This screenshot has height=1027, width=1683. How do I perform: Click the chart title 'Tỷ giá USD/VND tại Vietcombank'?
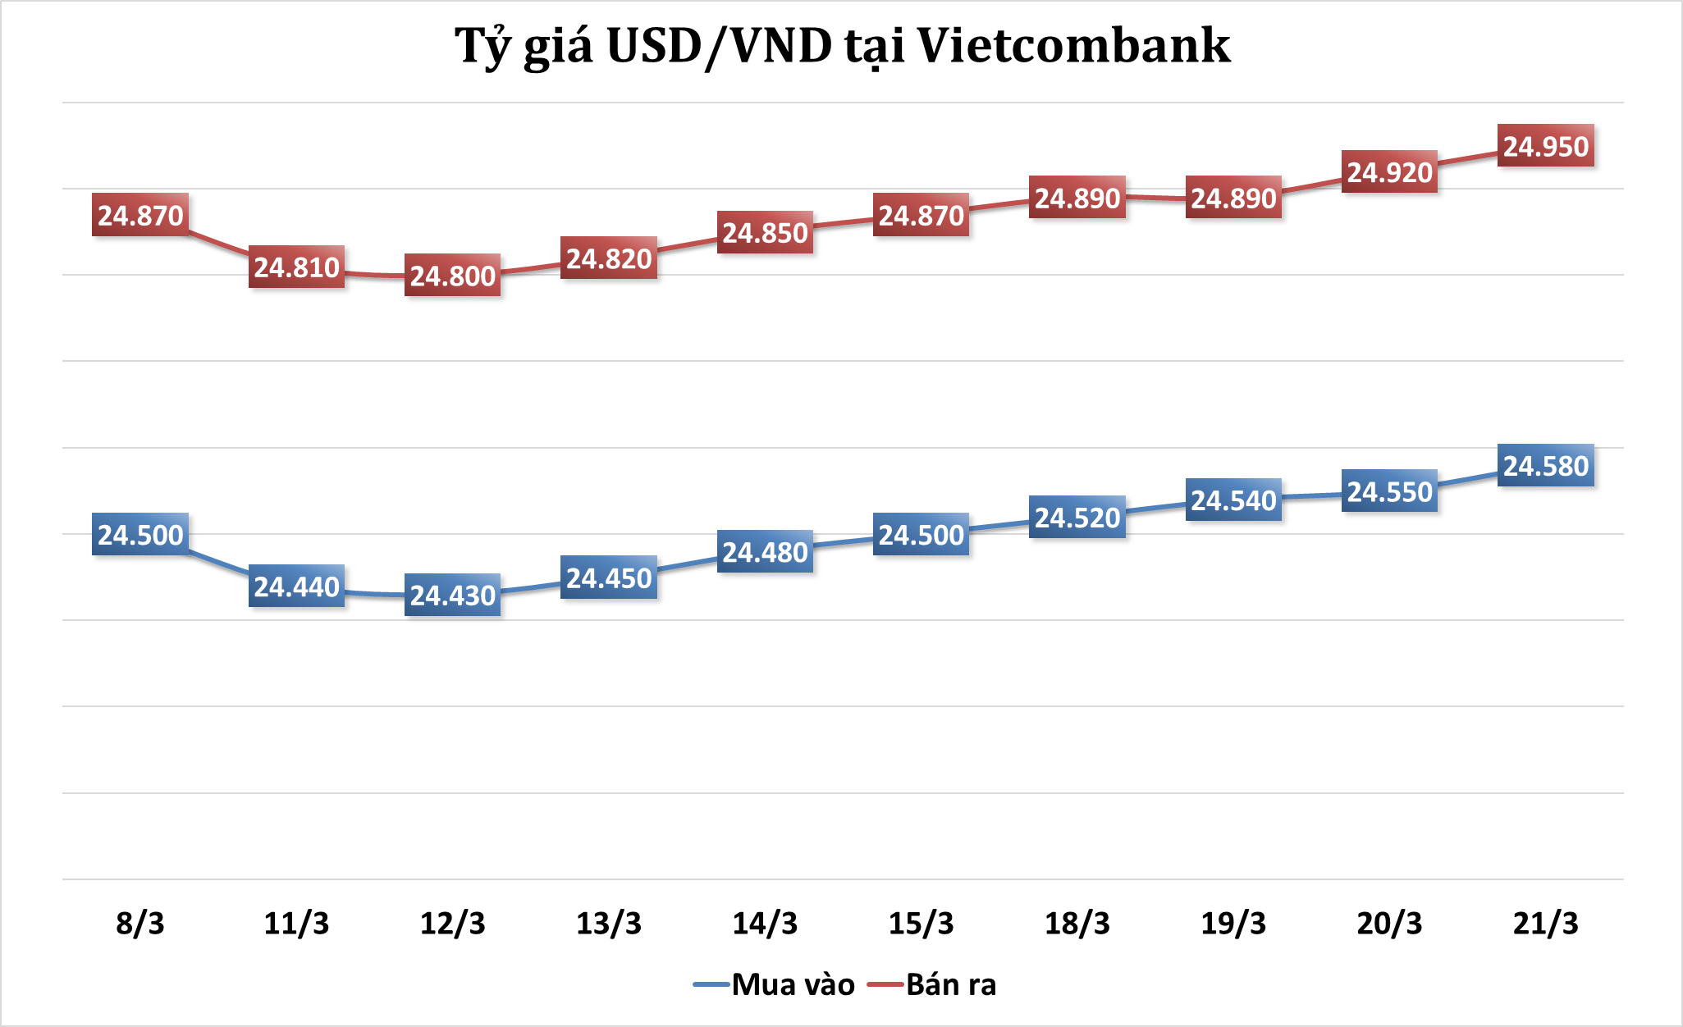(842, 46)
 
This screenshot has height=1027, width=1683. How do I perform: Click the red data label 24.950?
(1545, 146)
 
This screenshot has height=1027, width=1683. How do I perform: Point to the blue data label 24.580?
(1545, 466)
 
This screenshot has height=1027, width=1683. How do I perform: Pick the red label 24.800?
(452, 276)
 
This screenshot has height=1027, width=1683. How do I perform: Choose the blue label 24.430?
(452, 595)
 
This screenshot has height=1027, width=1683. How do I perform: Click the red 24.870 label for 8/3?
(140, 215)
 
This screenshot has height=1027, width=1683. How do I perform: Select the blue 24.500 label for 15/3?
(921, 535)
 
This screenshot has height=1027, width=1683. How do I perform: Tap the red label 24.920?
(1389, 172)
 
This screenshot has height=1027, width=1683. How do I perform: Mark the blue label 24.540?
(1233, 500)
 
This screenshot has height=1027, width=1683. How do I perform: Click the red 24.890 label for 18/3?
(1077, 198)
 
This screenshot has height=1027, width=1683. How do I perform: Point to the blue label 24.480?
(765, 552)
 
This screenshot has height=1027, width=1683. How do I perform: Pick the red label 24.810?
(296, 267)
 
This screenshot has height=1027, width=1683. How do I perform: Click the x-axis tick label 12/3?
(452, 924)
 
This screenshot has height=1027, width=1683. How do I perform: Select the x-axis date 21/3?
(1545, 924)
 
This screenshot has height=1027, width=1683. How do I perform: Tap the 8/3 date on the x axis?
(140, 924)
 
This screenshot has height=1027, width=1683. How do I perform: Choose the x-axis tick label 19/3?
(1233, 924)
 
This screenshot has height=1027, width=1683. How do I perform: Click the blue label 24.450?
(609, 577)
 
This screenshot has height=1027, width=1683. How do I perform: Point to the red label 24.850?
(765, 232)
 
